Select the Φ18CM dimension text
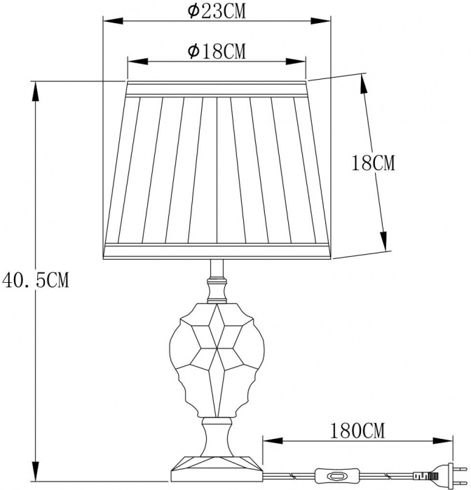coord(217,51)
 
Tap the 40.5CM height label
coord(35,280)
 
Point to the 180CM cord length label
coord(357,431)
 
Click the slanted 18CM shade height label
coord(374,162)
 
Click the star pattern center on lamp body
coord(217,347)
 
